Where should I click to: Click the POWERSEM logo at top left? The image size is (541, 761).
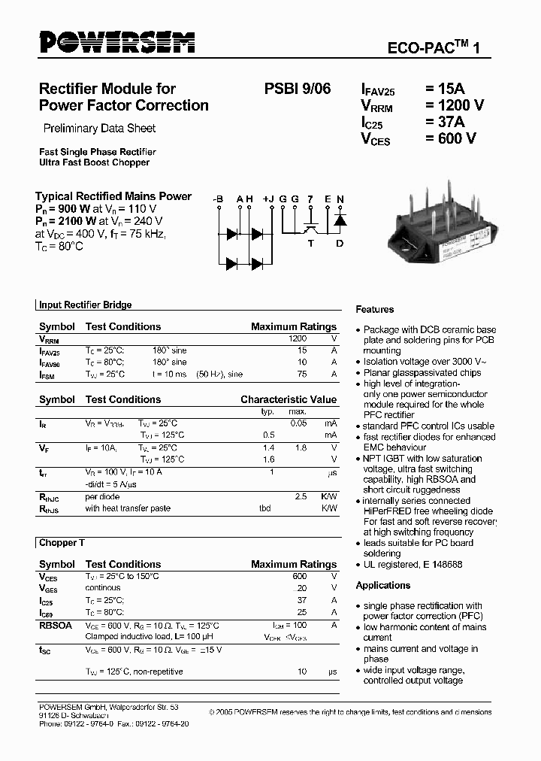116,43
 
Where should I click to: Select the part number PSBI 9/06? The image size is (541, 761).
297,89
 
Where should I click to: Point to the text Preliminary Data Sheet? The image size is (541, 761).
99,128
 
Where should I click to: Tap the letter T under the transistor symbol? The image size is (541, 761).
310,242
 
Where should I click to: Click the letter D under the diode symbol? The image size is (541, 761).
339,242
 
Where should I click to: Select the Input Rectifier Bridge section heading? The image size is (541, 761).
85,305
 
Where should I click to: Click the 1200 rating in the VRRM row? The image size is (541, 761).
298,339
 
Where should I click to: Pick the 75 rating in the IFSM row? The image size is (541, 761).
302,374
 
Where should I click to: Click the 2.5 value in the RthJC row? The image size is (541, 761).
301,497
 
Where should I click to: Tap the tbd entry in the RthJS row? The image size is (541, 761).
265,508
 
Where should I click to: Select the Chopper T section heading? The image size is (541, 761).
57,542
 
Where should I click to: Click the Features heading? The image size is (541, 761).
374,309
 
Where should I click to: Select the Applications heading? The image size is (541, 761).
382,585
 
